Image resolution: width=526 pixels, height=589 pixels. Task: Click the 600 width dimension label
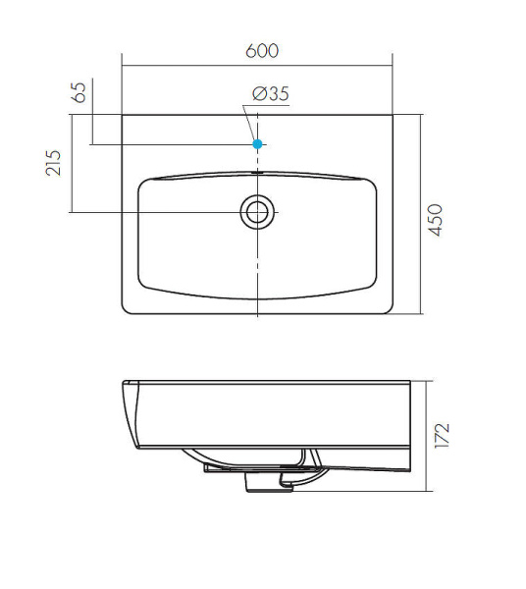tap(262, 51)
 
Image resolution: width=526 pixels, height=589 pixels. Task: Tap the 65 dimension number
tap(79, 92)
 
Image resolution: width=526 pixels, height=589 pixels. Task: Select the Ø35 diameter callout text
tap(271, 94)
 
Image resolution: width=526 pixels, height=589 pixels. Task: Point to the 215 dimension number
tap(53, 163)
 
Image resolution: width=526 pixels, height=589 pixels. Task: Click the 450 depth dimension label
tap(436, 220)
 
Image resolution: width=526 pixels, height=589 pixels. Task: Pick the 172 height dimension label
tap(442, 435)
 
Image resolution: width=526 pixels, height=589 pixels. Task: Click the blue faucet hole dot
tap(257, 144)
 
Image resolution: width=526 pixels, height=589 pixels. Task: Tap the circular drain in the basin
tap(257, 212)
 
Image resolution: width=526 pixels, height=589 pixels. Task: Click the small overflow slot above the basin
tap(257, 173)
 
